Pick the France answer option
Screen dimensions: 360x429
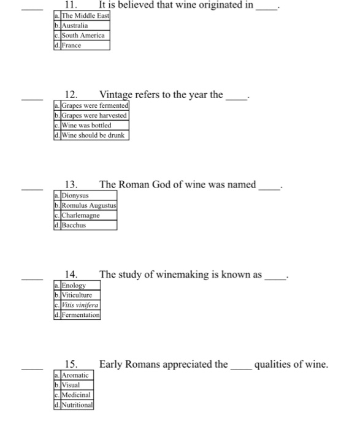click(71, 45)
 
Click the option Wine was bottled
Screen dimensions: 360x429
click(86, 125)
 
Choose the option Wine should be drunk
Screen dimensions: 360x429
click(91, 135)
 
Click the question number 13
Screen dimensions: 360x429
click(71, 184)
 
